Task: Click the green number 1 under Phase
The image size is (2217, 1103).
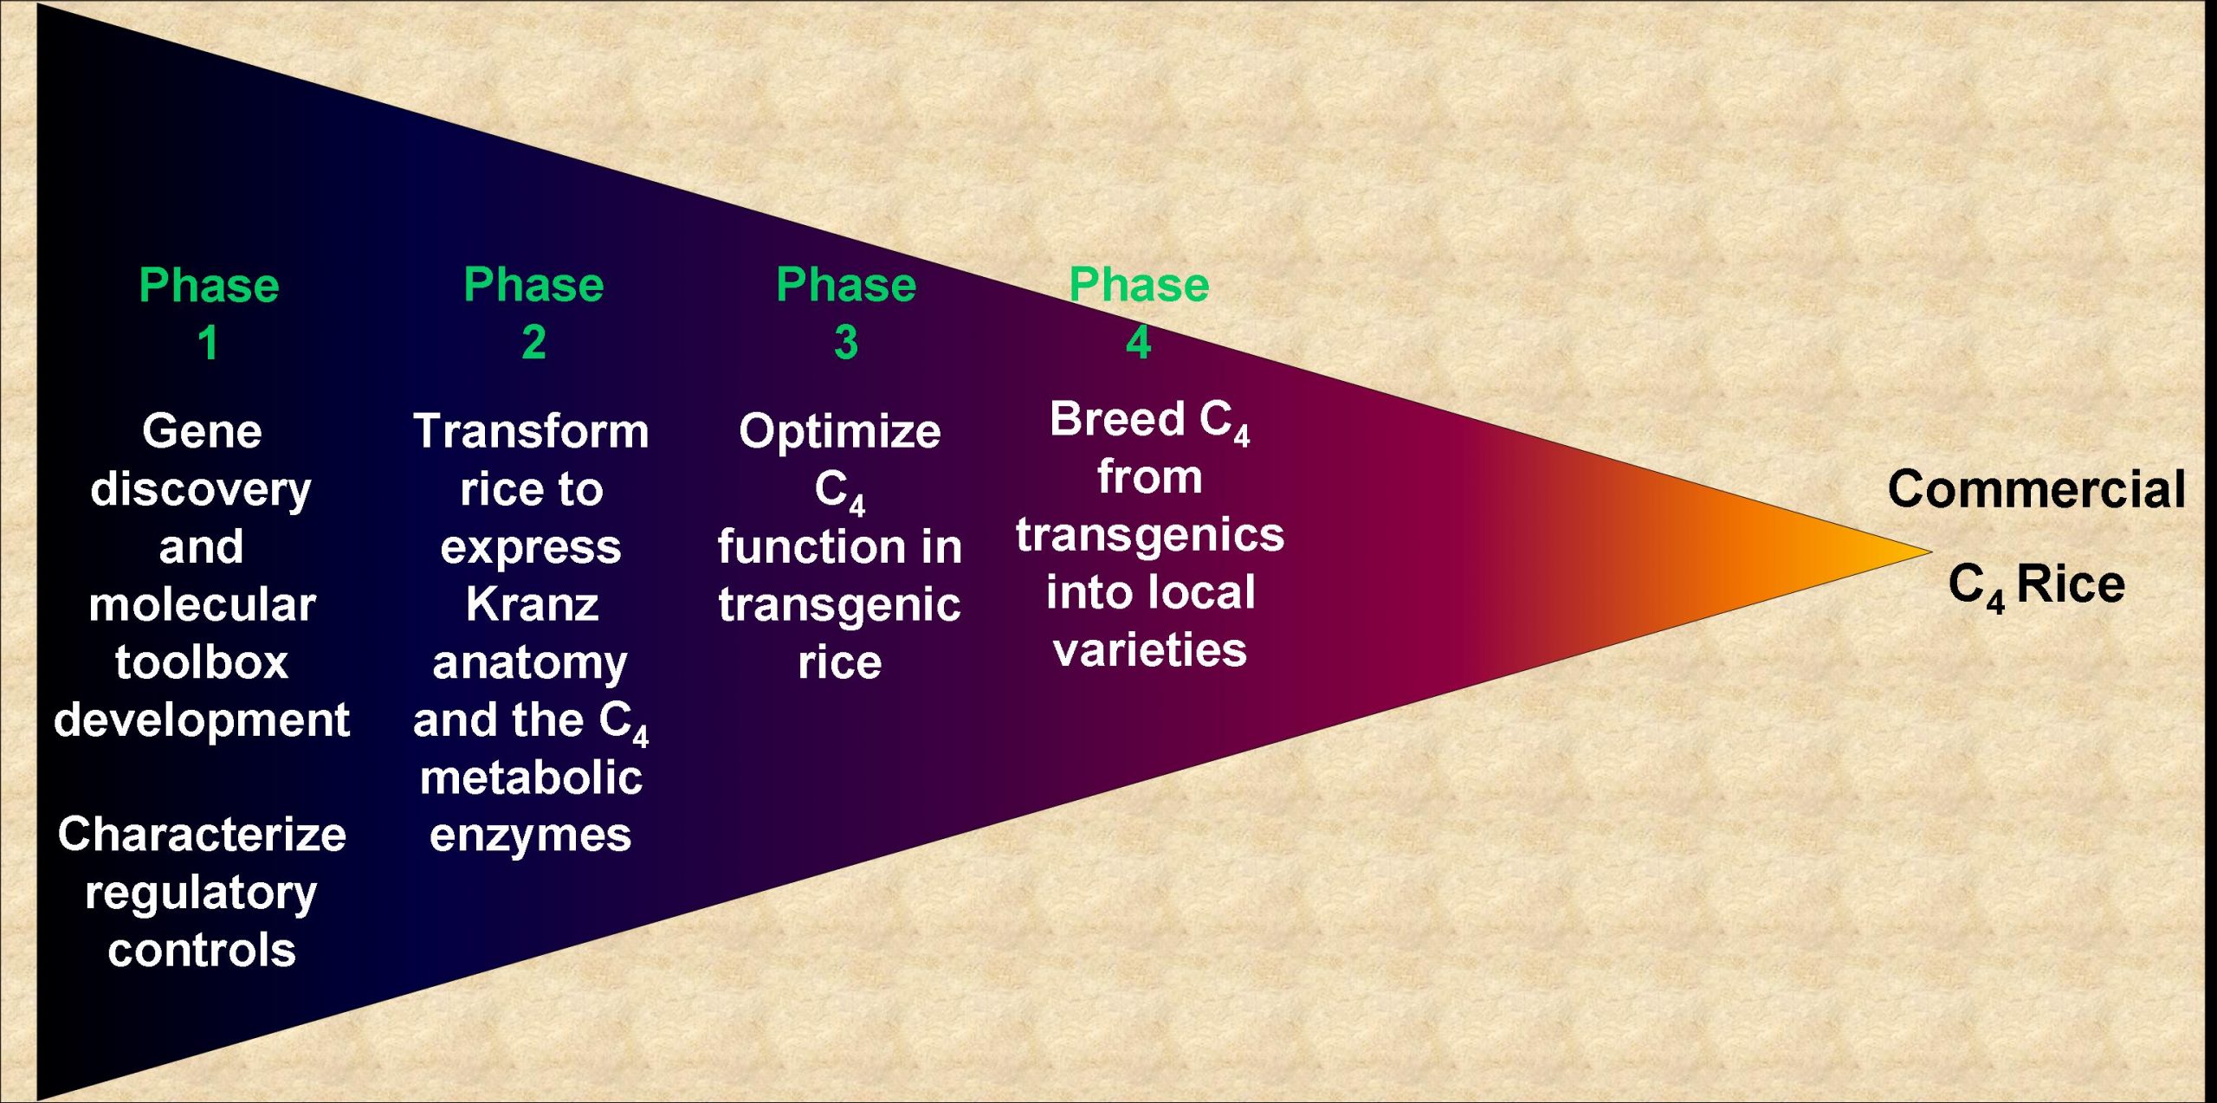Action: tap(208, 343)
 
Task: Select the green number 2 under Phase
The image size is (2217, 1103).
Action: tap(533, 343)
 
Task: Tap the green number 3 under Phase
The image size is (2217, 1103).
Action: tap(846, 343)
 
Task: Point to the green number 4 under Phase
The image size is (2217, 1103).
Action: tap(1139, 343)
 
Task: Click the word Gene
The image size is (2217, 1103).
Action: tap(202, 431)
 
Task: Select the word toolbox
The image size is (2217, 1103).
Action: tap(202, 662)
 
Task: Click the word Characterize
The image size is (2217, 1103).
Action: tap(202, 835)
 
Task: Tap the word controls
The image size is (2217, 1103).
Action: tap(202, 951)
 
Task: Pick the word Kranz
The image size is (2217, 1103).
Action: tap(533, 604)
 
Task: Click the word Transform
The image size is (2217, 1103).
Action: tap(531, 431)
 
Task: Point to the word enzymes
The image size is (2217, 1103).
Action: tap(531, 836)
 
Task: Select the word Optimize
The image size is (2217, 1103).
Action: tap(840, 431)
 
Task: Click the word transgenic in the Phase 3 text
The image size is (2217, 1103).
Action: tap(840, 606)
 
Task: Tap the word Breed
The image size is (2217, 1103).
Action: tap(1117, 419)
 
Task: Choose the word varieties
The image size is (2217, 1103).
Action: tap(1150, 650)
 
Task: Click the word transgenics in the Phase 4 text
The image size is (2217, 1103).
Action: tap(1150, 536)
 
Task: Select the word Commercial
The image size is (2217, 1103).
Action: tap(2037, 489)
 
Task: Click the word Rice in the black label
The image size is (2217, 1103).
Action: tap(2071, 584)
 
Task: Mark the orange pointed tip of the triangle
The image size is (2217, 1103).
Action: tap(1931, 551)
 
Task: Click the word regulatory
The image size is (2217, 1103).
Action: tap(202, 894)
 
